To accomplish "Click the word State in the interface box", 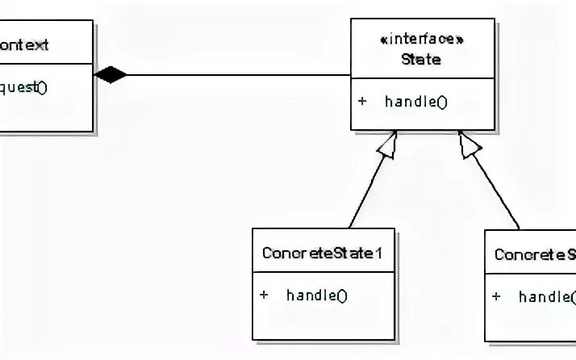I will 421,59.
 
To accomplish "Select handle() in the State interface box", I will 415,102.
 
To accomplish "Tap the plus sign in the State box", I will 363,102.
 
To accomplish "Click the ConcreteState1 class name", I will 322,253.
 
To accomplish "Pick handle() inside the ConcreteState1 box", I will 316,295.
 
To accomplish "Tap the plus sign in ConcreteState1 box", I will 264,295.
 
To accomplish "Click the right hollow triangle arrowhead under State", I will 470,143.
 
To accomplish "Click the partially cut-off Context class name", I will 24,45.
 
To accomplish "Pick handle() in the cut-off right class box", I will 546,296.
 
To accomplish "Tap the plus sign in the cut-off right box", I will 497,296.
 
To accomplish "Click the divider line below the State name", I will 422,78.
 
